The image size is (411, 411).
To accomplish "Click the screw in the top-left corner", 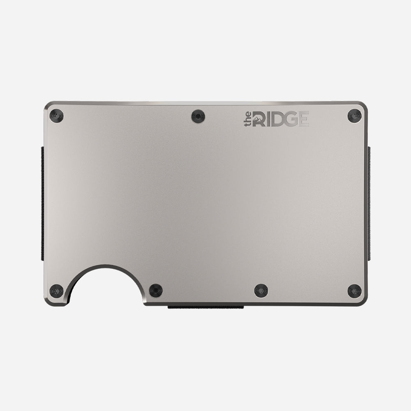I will [x=56, y=116].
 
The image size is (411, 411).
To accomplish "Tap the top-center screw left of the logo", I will [x=199, y=116].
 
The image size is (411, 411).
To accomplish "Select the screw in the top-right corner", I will [x=354, y=116].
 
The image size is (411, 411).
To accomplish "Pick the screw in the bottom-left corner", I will [x=56, y=291].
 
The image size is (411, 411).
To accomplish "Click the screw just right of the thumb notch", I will [x=156, y=291].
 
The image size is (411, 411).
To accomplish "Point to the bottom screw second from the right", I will [x=261, y=291].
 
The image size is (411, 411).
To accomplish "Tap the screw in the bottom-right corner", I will [x=354, y=291].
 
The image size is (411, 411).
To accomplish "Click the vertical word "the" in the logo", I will [x=248, y=120].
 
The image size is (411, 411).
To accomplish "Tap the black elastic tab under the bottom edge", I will [x=205, y=307].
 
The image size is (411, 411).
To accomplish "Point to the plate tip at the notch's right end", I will [x=144, y=302].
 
